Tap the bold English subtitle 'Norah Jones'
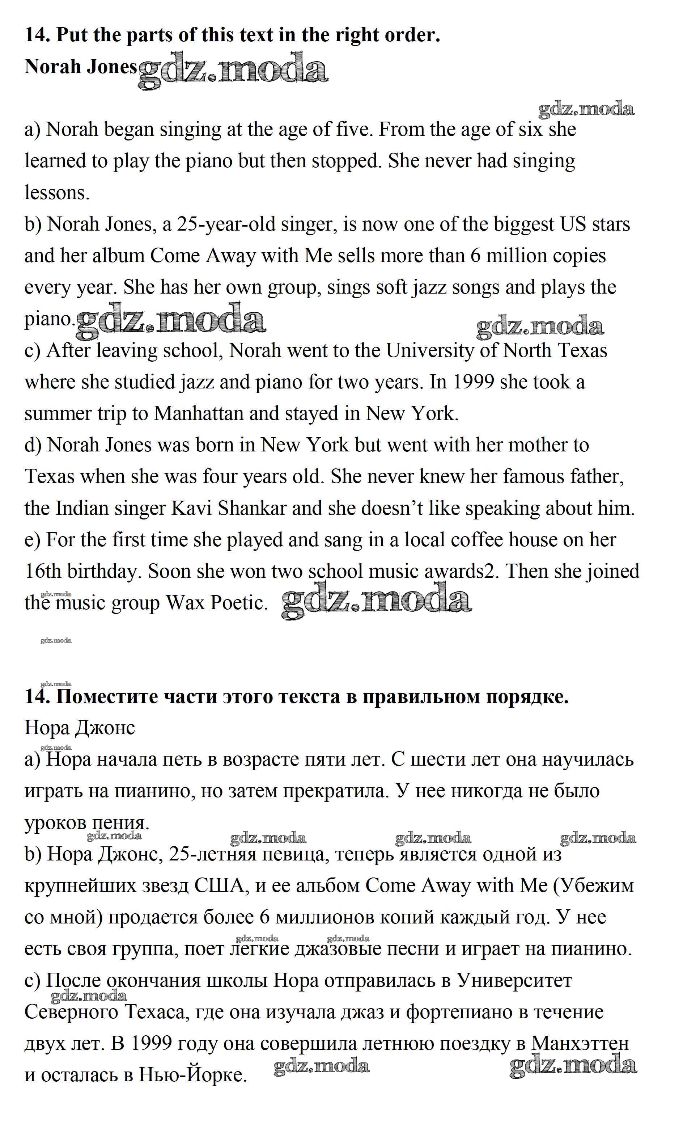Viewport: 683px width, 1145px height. click(x=81, y=67)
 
